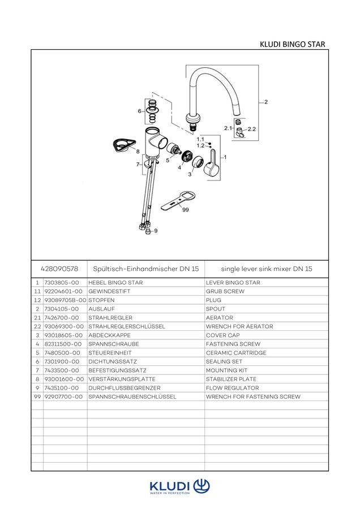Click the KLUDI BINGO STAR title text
tap(292, 44)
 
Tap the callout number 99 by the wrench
tap(186, 210)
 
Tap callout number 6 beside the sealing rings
tap(139, 111)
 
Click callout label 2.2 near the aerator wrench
tap(251, 129)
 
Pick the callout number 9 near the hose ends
tap(156, 231)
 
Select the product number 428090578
tap(59, 269)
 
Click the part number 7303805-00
tap(61, 283)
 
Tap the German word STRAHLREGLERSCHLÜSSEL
tap(127, 326)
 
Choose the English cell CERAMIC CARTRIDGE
tap(236, 353)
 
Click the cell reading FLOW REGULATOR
tap(232, 388)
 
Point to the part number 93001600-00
tap(64, 379)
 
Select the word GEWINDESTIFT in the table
tap(109, 291)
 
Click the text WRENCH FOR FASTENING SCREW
tap(253, 396)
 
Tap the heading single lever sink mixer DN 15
tap(267, 269)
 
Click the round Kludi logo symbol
tap(202, 486)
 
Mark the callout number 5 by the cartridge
tap(168, 161)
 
